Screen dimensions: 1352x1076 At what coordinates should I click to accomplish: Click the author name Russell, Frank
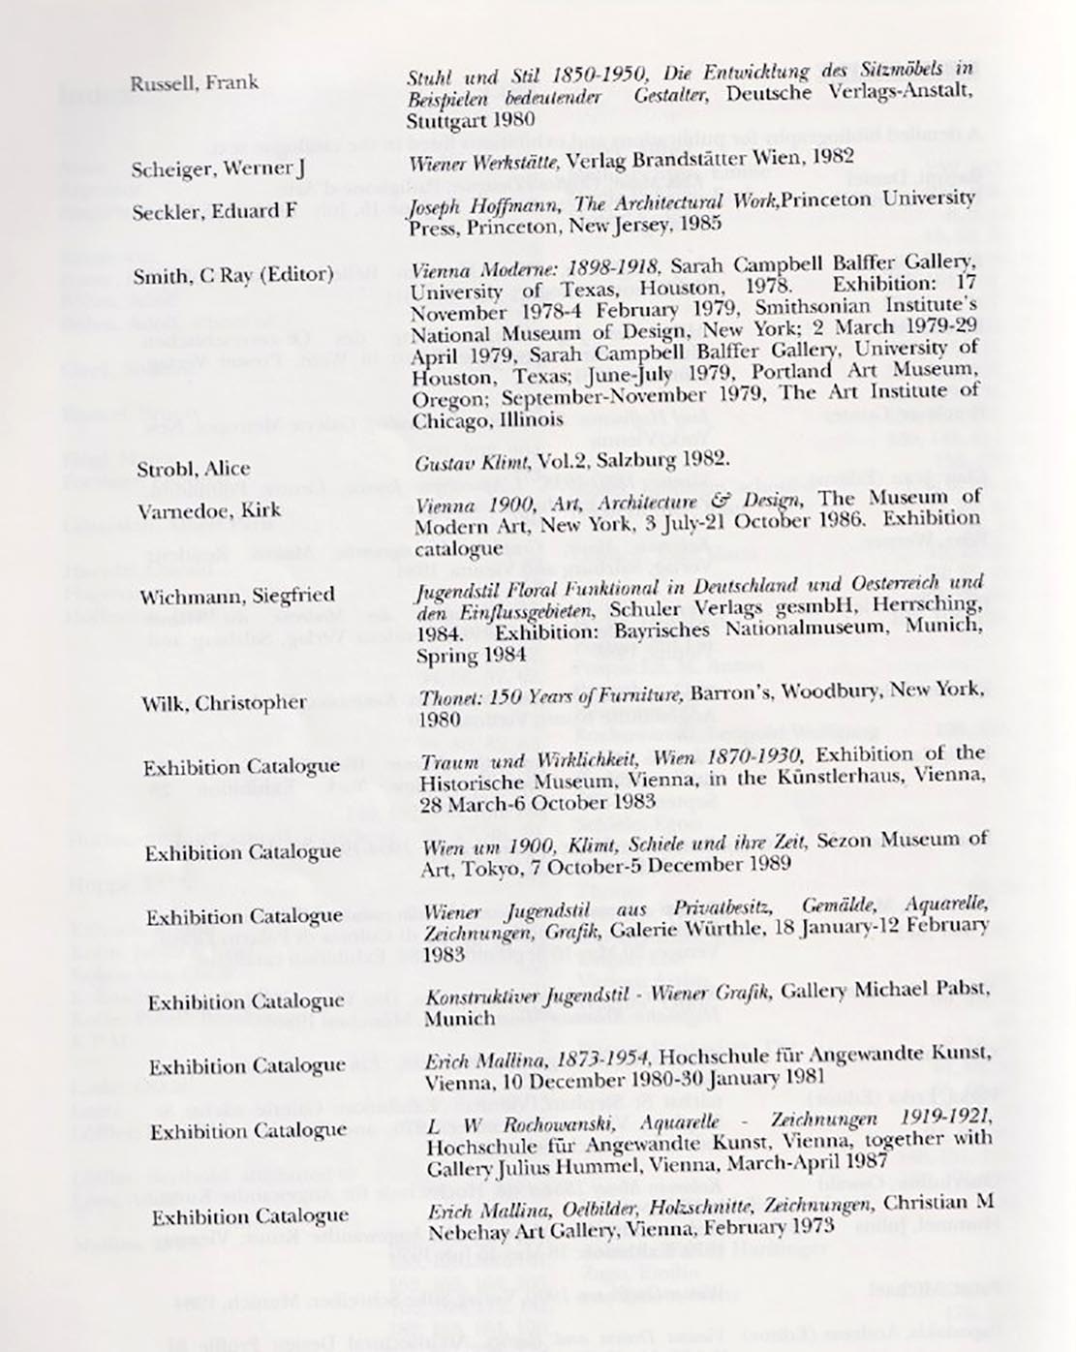[194, 82]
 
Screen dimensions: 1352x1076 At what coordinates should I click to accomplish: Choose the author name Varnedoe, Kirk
[209, 510]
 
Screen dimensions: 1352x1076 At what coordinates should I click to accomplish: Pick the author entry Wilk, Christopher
[223, 703]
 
